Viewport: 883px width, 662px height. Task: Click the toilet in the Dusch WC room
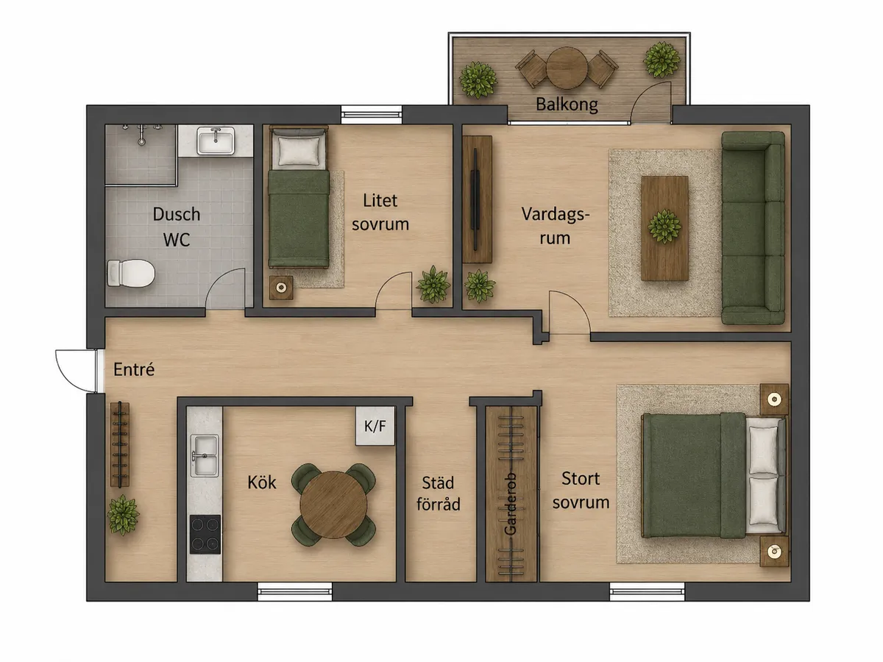click(131, 273)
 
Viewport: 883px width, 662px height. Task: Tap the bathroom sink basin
click(216, 140)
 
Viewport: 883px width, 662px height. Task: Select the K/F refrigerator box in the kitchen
click(375, 426)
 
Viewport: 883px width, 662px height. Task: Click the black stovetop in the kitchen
click(205, 534)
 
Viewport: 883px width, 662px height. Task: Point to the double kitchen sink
click(205, 455)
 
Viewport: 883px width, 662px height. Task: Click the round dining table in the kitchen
click(333, 505)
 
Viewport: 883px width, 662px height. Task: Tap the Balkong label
click(567, 104)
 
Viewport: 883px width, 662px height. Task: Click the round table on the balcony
click(567, 68)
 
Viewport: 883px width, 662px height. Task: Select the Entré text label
click(134, 369)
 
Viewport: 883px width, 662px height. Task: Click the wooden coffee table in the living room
click(664, 228)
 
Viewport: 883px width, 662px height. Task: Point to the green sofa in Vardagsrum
click(753, 228)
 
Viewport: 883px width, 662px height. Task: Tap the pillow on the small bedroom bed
click(299, 151)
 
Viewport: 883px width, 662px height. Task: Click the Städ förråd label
click(438, 493)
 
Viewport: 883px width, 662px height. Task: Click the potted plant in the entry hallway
click(123, 516)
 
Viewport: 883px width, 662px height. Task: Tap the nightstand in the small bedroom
click(281, 288)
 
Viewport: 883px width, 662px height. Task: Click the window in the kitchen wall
click(295, 591)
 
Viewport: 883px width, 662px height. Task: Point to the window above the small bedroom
click(372, 115)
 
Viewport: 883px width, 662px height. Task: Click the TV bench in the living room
click(477, 199)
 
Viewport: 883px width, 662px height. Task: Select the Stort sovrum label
click(581, 491)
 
